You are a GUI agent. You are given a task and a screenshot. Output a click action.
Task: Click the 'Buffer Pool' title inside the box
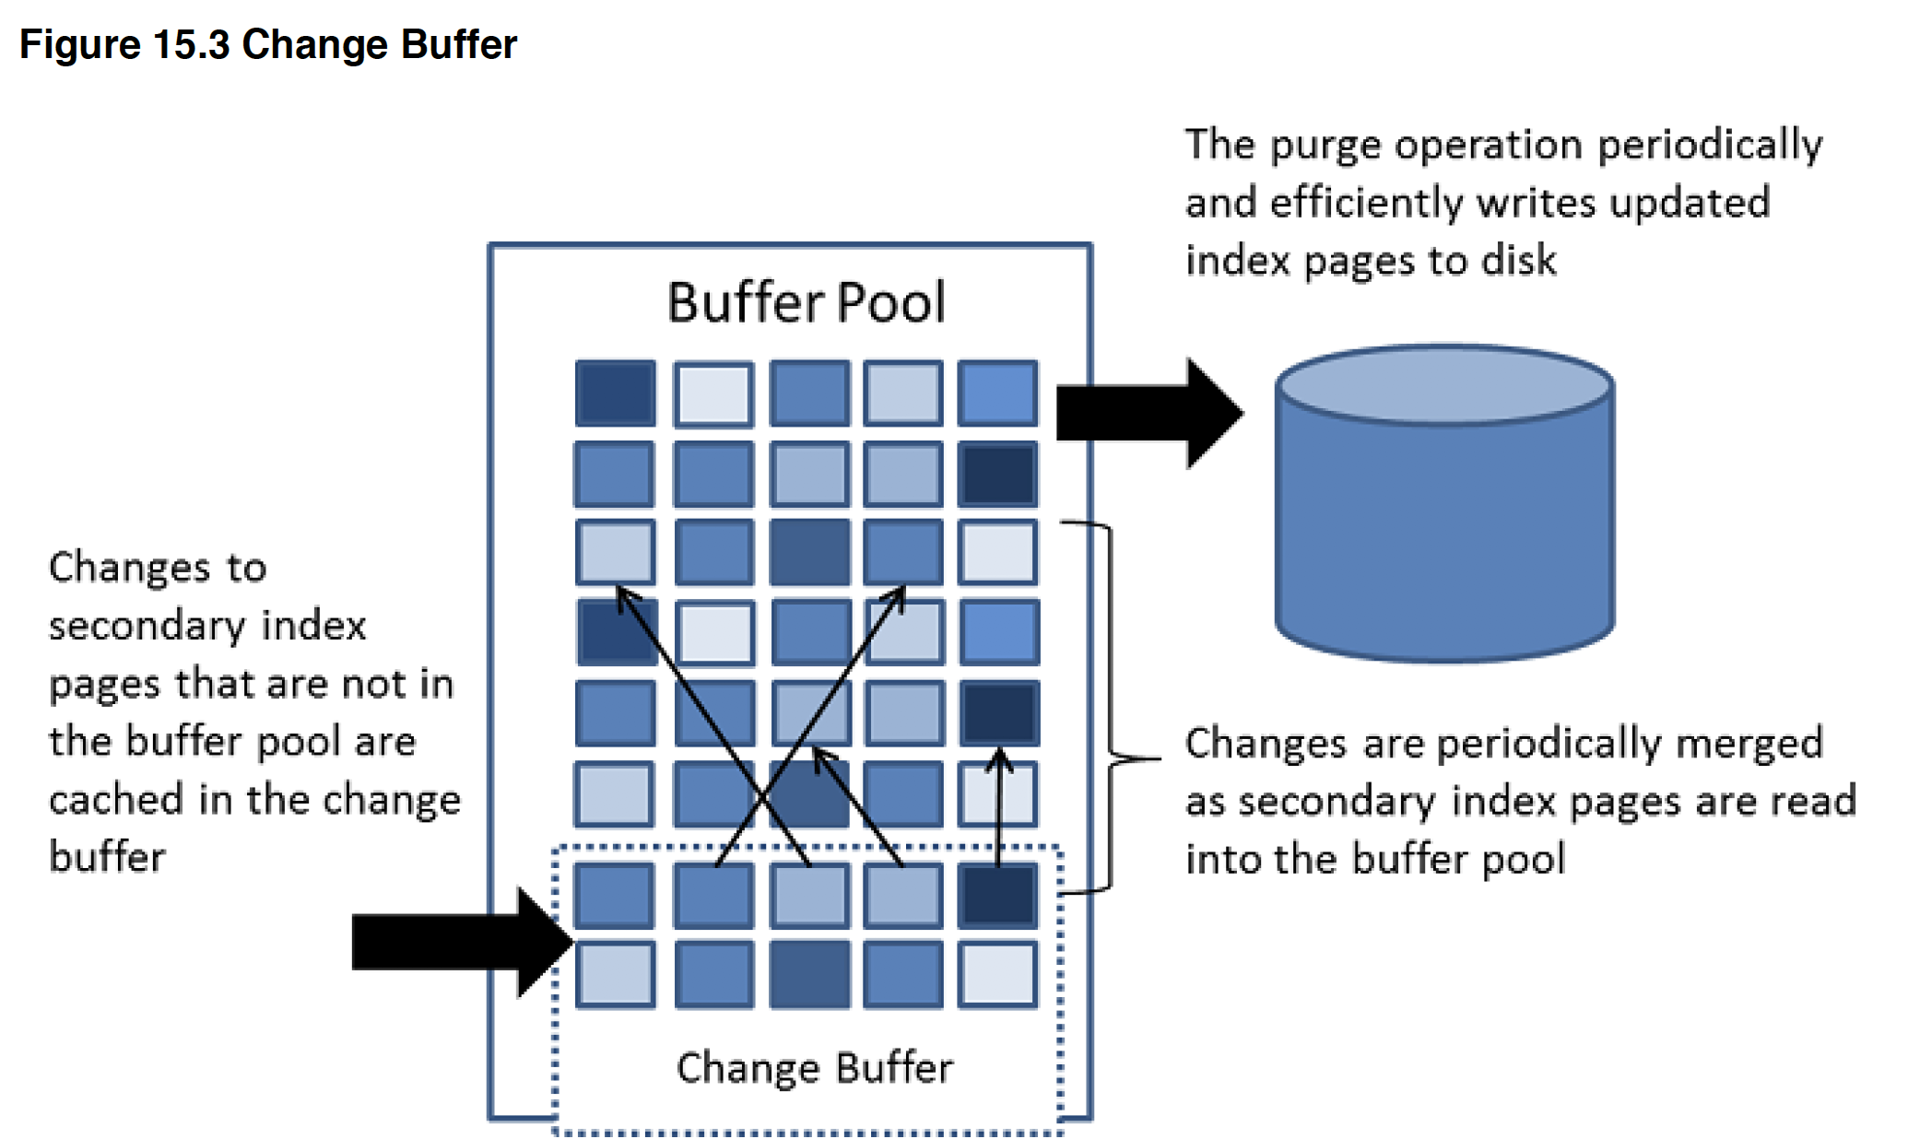click(x=807, y=302)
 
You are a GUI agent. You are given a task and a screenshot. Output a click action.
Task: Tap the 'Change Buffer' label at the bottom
click(x=815, y=1068)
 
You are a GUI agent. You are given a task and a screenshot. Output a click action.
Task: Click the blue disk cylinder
click(x=1444, y=503)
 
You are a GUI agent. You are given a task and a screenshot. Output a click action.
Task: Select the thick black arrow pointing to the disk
click(x=1149, y=413)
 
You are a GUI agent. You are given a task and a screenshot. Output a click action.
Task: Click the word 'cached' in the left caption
click(x=116, y=799)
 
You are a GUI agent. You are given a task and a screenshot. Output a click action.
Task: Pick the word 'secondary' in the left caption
click(x=147, y=627)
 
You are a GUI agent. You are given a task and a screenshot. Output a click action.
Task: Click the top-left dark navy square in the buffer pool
click(x=616, y=393)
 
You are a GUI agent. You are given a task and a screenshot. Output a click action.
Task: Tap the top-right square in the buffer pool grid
click(x=998, y=393)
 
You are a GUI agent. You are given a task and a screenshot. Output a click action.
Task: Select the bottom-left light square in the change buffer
click(x=616, y=974)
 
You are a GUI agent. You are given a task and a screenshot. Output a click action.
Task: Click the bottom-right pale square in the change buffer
click(x=998, y=974)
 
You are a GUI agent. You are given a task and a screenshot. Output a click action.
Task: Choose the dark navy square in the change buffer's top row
click(x=998, y=895)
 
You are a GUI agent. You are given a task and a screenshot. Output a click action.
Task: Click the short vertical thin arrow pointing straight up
click(x=999, y=807)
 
